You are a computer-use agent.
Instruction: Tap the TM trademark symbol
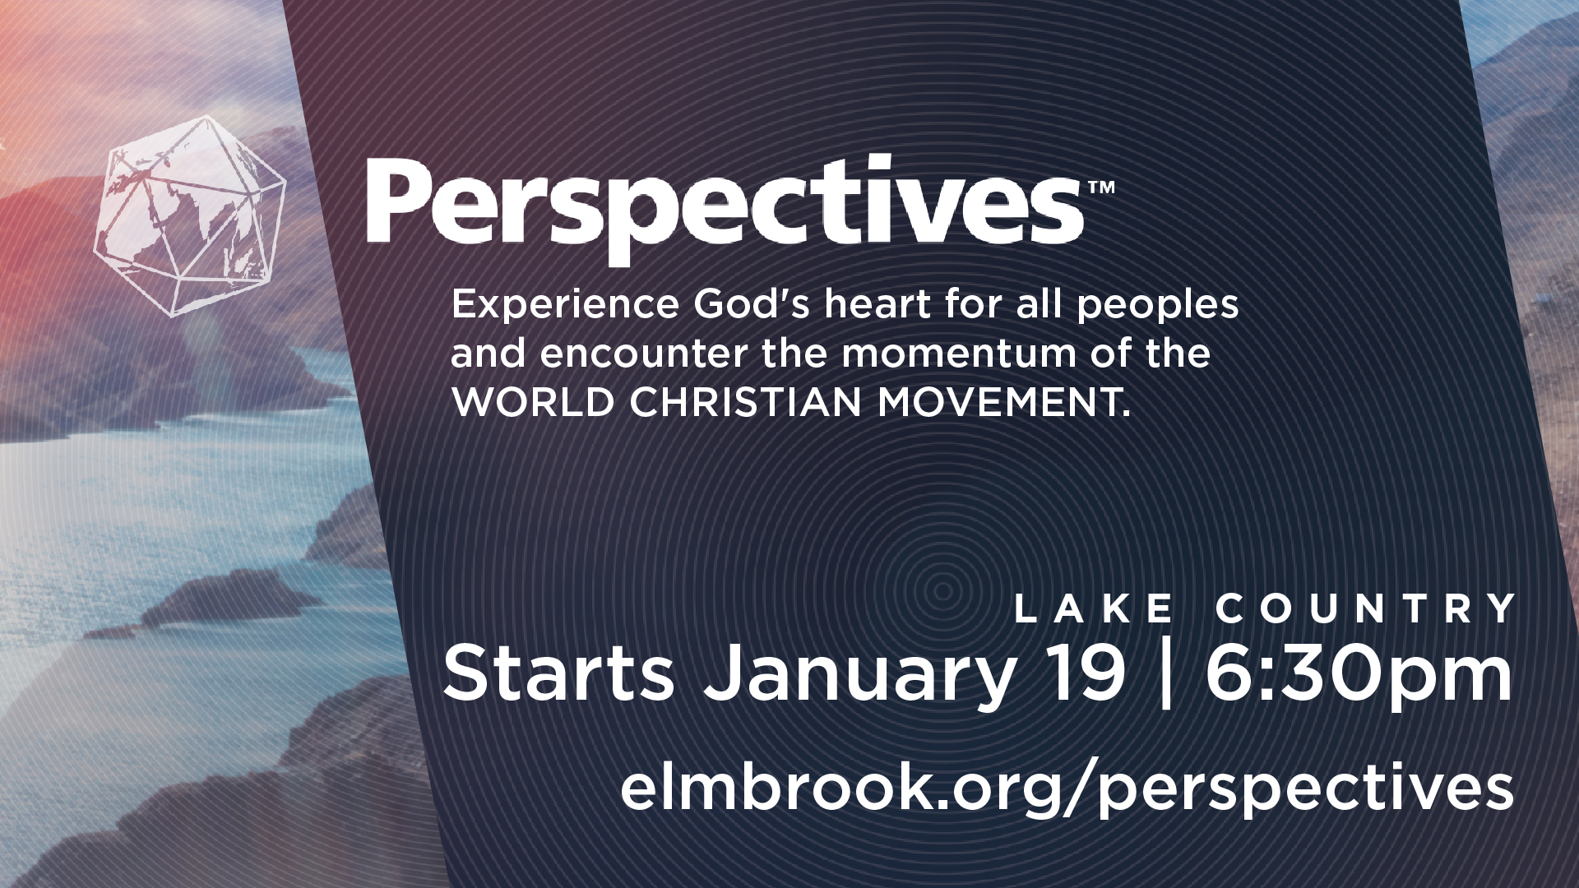coord(1101,187)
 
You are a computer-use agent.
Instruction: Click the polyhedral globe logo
coord(191,216)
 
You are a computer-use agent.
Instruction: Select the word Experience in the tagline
coord(565,305)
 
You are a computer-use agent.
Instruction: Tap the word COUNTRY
coord(1366,608)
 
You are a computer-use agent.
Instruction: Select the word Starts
coord(558,674)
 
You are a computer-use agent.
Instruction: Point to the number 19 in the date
coord(1086,674)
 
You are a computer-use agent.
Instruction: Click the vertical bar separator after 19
coord(1165,675)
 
